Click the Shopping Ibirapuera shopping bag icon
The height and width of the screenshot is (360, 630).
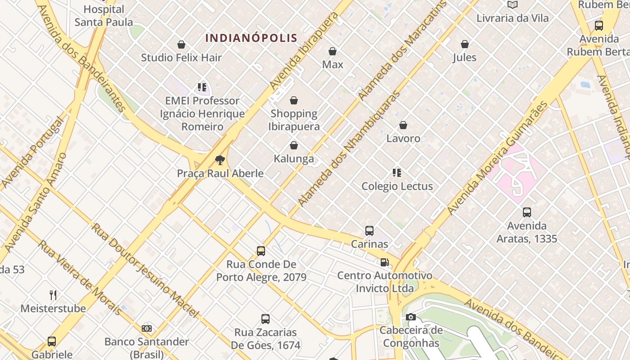coord(294,100)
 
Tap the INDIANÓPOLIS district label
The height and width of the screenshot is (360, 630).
coord(251,38)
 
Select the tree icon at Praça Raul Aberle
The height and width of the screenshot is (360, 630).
coord(220,160)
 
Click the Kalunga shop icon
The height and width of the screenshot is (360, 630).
coord(294,145)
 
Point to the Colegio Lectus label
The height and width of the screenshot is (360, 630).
coord(397,186)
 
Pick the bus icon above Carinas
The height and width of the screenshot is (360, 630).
coord(369,231)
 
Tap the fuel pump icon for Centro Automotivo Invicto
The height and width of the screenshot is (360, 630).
coord(385,262)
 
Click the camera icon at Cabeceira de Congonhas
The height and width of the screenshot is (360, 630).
coord(410,317)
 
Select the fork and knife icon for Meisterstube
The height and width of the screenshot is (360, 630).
coord(53,295)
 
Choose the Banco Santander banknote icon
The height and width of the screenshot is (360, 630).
coord(147,328)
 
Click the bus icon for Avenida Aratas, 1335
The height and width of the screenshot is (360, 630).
coord(526,212)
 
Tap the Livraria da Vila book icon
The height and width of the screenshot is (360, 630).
coord(513,5)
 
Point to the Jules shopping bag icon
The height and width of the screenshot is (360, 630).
coord(464,44)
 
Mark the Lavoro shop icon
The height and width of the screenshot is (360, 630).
coord(403,125)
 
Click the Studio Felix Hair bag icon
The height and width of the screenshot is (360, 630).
coord(181,45)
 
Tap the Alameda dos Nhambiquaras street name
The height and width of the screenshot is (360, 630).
coord(349,149)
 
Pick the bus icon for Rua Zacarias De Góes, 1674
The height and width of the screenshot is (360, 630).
coord(265,319)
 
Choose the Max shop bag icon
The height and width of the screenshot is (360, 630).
coord(333,51)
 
